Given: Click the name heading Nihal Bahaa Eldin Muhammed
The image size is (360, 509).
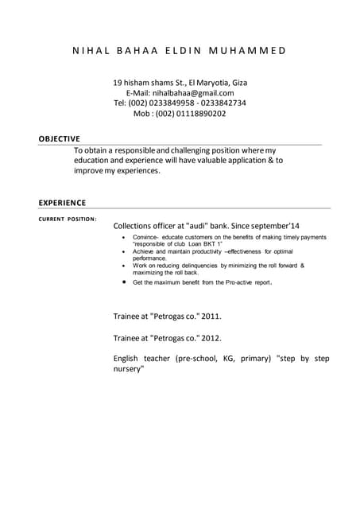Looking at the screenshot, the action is click(180, 51).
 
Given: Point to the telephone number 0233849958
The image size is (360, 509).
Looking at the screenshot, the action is click(172, 103).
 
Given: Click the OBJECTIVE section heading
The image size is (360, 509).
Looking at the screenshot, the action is click(59, 139).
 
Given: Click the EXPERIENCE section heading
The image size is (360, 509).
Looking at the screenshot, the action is click(62, 203).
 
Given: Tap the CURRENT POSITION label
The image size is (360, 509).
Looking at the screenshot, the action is click(68, 219).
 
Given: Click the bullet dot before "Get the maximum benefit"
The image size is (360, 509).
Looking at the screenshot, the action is click(124, 282).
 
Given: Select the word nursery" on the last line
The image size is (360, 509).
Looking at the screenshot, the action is click(129, 369).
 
